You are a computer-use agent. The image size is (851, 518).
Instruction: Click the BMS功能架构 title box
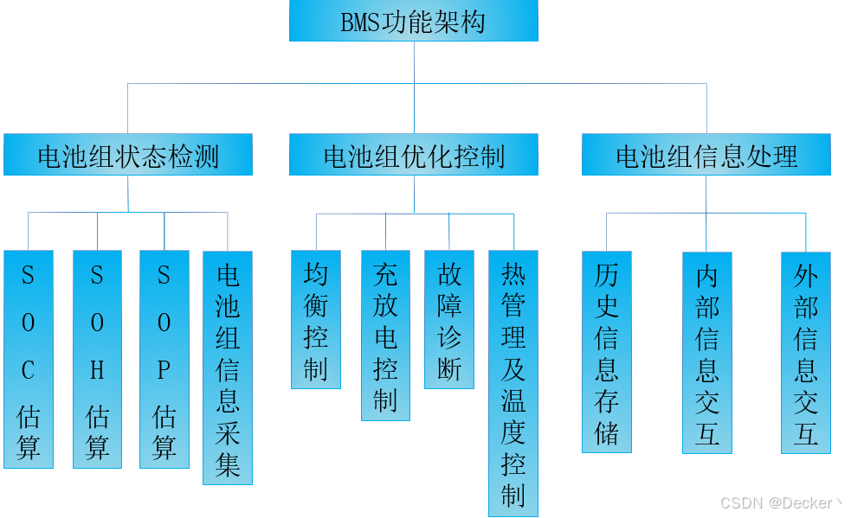point(413,22)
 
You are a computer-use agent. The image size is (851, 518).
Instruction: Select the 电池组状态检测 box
point(128,156)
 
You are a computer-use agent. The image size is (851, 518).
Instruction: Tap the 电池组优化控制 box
point(413,156)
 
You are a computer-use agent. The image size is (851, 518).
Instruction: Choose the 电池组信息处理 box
point(706,156)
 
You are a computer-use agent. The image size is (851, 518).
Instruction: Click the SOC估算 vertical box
point(29,359)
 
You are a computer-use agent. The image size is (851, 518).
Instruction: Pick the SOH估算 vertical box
point(97,359)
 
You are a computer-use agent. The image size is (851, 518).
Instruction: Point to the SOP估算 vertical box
point(164,359)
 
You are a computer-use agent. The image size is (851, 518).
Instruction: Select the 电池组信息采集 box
point(228,368)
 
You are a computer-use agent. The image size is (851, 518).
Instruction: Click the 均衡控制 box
point(316,320)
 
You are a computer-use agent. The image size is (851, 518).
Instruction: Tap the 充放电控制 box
point(385,336)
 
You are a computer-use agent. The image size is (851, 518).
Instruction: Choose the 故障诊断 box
point(449,320)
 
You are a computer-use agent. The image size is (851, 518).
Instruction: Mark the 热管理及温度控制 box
point(513,383)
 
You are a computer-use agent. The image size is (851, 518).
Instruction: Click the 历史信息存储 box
point(607,352)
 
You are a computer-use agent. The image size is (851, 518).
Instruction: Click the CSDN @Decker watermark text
point(779,502)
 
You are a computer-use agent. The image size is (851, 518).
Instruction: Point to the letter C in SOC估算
point(29,370)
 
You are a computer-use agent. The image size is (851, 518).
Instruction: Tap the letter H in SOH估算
point(97,370)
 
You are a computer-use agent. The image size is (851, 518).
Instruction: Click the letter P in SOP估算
point(164,370)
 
